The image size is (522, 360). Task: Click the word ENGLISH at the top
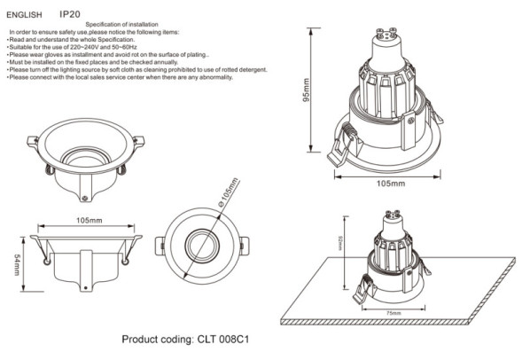click(x=24, y=15)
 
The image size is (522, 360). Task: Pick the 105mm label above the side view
click(x=89, y=220)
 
